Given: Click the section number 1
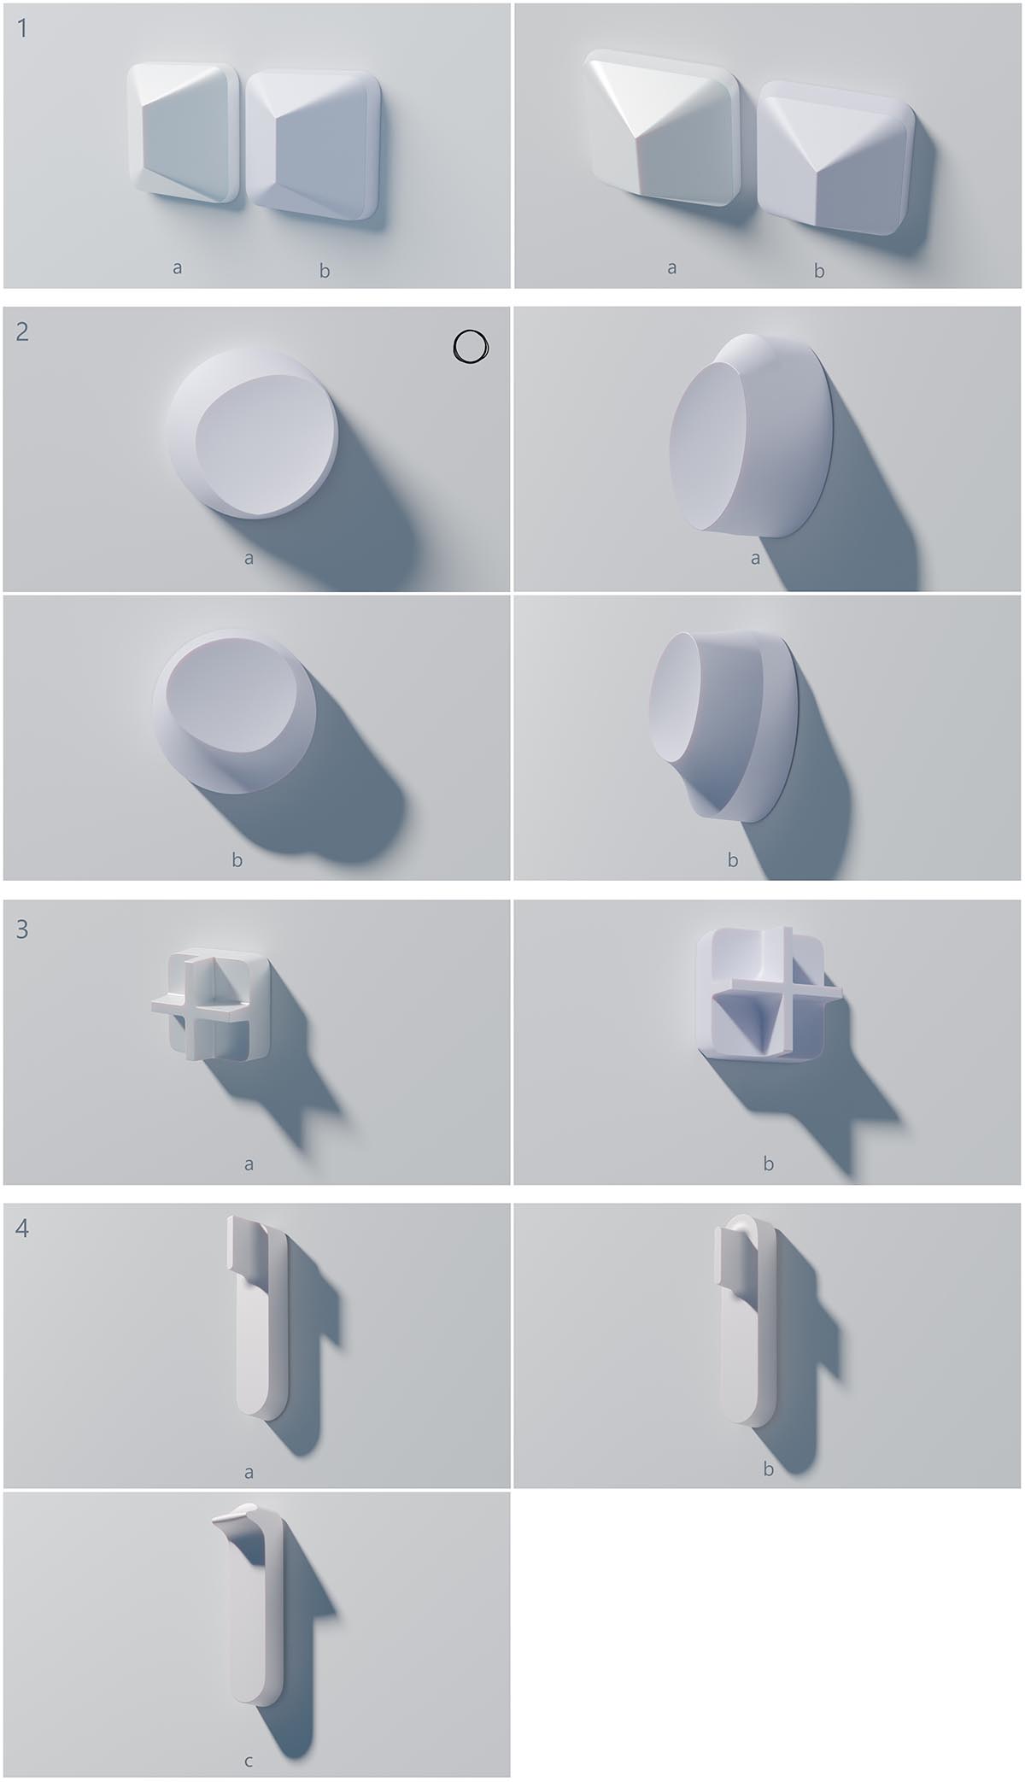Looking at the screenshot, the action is (22, 28).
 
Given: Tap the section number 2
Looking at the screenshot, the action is (22, 331).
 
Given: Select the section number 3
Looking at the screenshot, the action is (22, 929).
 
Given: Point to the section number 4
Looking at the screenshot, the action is (22, 1228).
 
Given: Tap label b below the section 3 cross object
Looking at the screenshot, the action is (768, 1163).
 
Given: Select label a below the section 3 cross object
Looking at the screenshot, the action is (249, 1164).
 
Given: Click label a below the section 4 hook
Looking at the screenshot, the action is (249, 1472).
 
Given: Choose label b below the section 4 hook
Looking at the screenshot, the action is (768, 1469).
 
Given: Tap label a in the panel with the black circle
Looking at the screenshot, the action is (249, 559).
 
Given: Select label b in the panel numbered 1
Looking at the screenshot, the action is (325, 271).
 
